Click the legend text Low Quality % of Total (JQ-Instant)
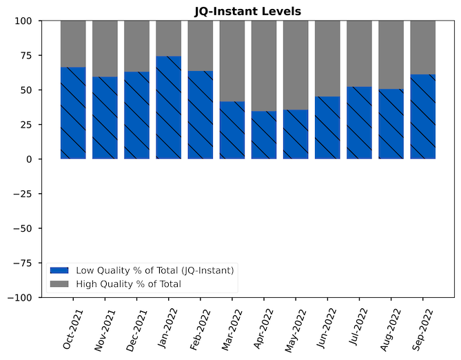[x=154, y=270]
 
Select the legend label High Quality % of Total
[x=128, y=283]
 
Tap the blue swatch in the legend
[x=59, y=270]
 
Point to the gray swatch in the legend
[x=59, y=283]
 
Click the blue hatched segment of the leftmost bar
[x=73, y=113]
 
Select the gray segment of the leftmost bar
[x=73, y=43]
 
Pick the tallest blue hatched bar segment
[x=168, y=108]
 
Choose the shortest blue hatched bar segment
[x=264, y=135]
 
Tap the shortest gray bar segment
[x=168, y=38]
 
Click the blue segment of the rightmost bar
[x=422, y=117]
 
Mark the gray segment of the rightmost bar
[x=422, y=47]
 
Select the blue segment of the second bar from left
[x=105, y=118]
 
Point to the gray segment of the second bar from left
[x=105, y=48]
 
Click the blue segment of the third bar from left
[x=136, y=115]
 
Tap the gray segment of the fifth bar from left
[x=201, y=46]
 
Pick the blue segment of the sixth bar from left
[x=232, y=130]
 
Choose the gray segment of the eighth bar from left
[x=296, y=65]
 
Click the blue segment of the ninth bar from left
[x=327, y=128]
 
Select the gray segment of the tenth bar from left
[x=359, y=53]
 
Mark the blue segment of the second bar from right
[x=391, y=124]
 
